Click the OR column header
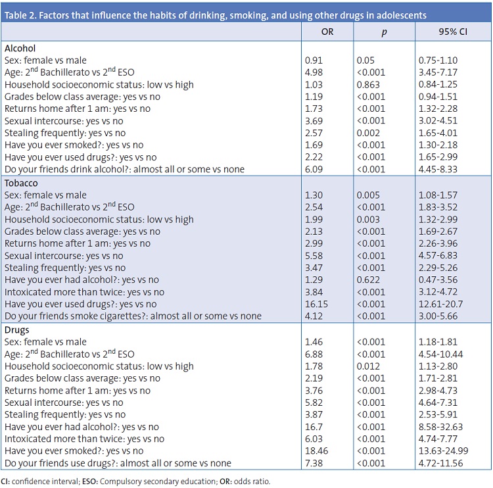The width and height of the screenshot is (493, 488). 327,32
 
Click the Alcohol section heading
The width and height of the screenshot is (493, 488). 20,48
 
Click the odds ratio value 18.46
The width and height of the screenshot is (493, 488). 317,451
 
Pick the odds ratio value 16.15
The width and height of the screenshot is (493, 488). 317,304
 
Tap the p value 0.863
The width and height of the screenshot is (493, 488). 369,85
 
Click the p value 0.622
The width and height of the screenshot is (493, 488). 369,280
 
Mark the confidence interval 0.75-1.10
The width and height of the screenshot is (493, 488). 438,61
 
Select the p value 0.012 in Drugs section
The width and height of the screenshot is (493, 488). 369,366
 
